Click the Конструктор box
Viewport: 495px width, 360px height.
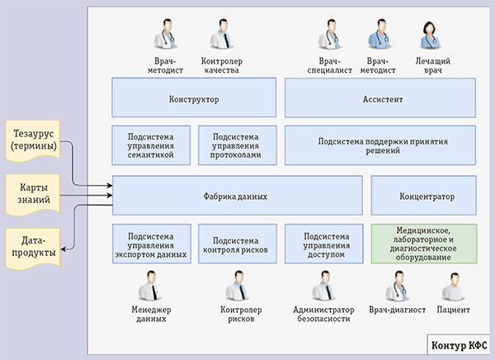click(192, 97)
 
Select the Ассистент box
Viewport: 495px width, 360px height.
click(380, 97)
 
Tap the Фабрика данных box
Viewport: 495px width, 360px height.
click(238, 197)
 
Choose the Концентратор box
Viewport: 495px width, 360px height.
click(425, 197)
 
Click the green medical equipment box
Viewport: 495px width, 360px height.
click(425, 244)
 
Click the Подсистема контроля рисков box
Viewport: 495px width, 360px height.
click(237, 244)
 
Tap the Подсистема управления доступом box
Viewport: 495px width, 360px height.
click(323, 244)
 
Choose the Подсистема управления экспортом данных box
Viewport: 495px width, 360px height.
click(151, 244)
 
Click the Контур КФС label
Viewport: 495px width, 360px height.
click(459, 343)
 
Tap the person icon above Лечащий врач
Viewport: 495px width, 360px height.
click(431, 36)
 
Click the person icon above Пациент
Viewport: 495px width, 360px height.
click(453, 287)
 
